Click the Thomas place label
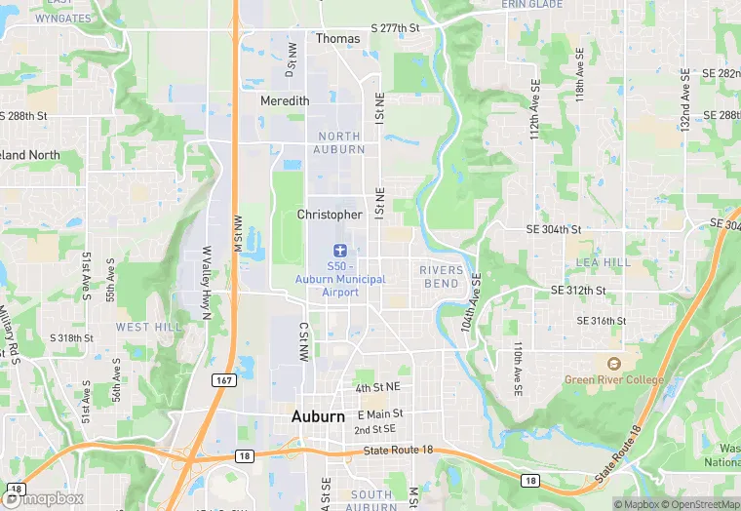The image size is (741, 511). tap(337, 39)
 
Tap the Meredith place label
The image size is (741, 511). tap(285, 101)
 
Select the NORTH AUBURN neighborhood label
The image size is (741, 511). tap(339, 142)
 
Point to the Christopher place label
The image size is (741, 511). tap(330, 215)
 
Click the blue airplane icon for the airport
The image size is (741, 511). tap(339, 251)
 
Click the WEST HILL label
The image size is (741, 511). tap(148, 327)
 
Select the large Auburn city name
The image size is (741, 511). tap(318, 416)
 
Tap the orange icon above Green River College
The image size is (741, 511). tap(613, 363)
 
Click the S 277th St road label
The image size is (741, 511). tap(395, 28)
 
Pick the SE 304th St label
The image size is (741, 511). tap(553, 230)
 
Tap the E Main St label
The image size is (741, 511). tap(380, 414)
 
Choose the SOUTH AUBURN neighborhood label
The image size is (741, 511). tap(371, 500)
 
